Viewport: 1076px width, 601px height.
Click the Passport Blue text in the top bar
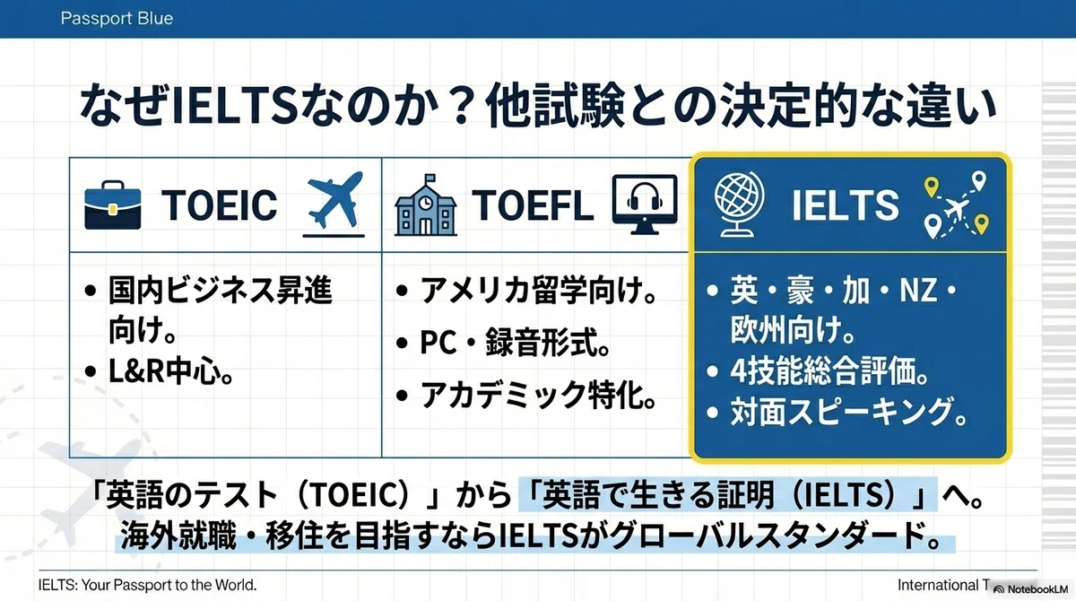coord(117,18)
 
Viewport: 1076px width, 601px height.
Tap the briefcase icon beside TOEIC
coord(113,205)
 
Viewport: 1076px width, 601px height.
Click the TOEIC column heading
coord(220,205)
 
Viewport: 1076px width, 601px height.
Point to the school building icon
coord(426,205)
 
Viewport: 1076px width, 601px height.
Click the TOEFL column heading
coord(533,205)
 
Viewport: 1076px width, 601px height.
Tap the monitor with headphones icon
coord(645,205)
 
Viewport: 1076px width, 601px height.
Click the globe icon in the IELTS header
coord(739,205)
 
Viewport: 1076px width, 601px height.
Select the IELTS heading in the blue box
coord(846,205)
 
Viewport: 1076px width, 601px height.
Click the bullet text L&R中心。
coord(171,371)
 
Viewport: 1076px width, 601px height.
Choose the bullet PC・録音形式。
coord(515,343)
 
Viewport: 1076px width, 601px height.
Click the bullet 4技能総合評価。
coord(829,371)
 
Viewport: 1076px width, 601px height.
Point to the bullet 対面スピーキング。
coord(849,413)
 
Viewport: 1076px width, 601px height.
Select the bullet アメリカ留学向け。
coord(539,290)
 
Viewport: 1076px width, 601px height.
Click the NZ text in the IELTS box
coord(918,290)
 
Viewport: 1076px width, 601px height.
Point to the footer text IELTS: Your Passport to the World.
coord(147,585)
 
